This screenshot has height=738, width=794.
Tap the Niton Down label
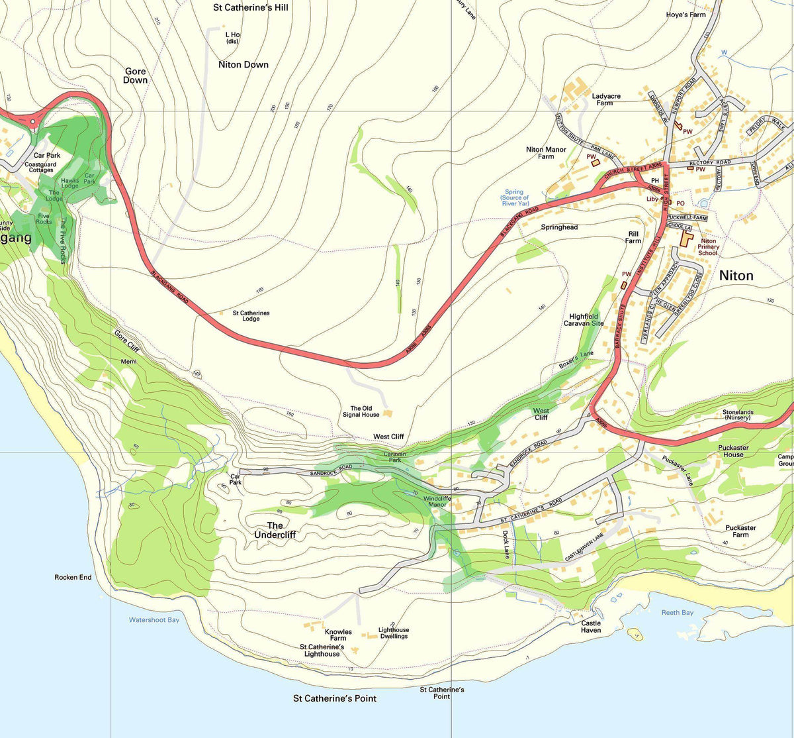[x=243, y=64]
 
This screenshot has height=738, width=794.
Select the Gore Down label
[x=136, y=76]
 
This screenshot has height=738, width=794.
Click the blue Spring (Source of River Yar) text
[x=515, y=197]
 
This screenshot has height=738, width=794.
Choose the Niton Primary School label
[x=708, y=247]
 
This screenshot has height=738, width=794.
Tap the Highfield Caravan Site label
[x=583, y=320]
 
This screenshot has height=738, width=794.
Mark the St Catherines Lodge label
[x=251, y=316]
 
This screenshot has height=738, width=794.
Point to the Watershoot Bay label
[x=154, y=620]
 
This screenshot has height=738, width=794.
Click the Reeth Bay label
[x=678, y=613]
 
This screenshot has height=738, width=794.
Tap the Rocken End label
[x=73, y=578]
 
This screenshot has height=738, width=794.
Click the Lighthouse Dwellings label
[x=394, y=633]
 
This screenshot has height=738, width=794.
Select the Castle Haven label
[x=591, y=627]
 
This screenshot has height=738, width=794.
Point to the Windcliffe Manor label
[x=437, y=501]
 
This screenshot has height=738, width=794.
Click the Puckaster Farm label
[x=740, y=531]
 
